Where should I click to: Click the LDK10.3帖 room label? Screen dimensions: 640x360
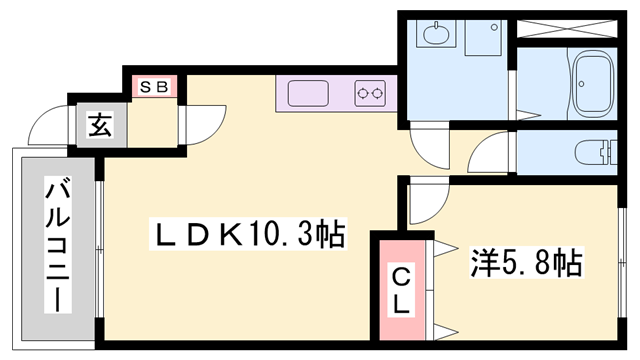246,235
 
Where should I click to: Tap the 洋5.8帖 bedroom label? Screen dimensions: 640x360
527,263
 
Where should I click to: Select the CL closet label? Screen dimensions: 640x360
400,291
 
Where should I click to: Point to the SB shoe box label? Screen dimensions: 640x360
152,87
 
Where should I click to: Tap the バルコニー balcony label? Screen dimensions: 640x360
58,245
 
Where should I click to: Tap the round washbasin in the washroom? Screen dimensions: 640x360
438,36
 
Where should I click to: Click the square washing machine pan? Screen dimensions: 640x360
483,36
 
